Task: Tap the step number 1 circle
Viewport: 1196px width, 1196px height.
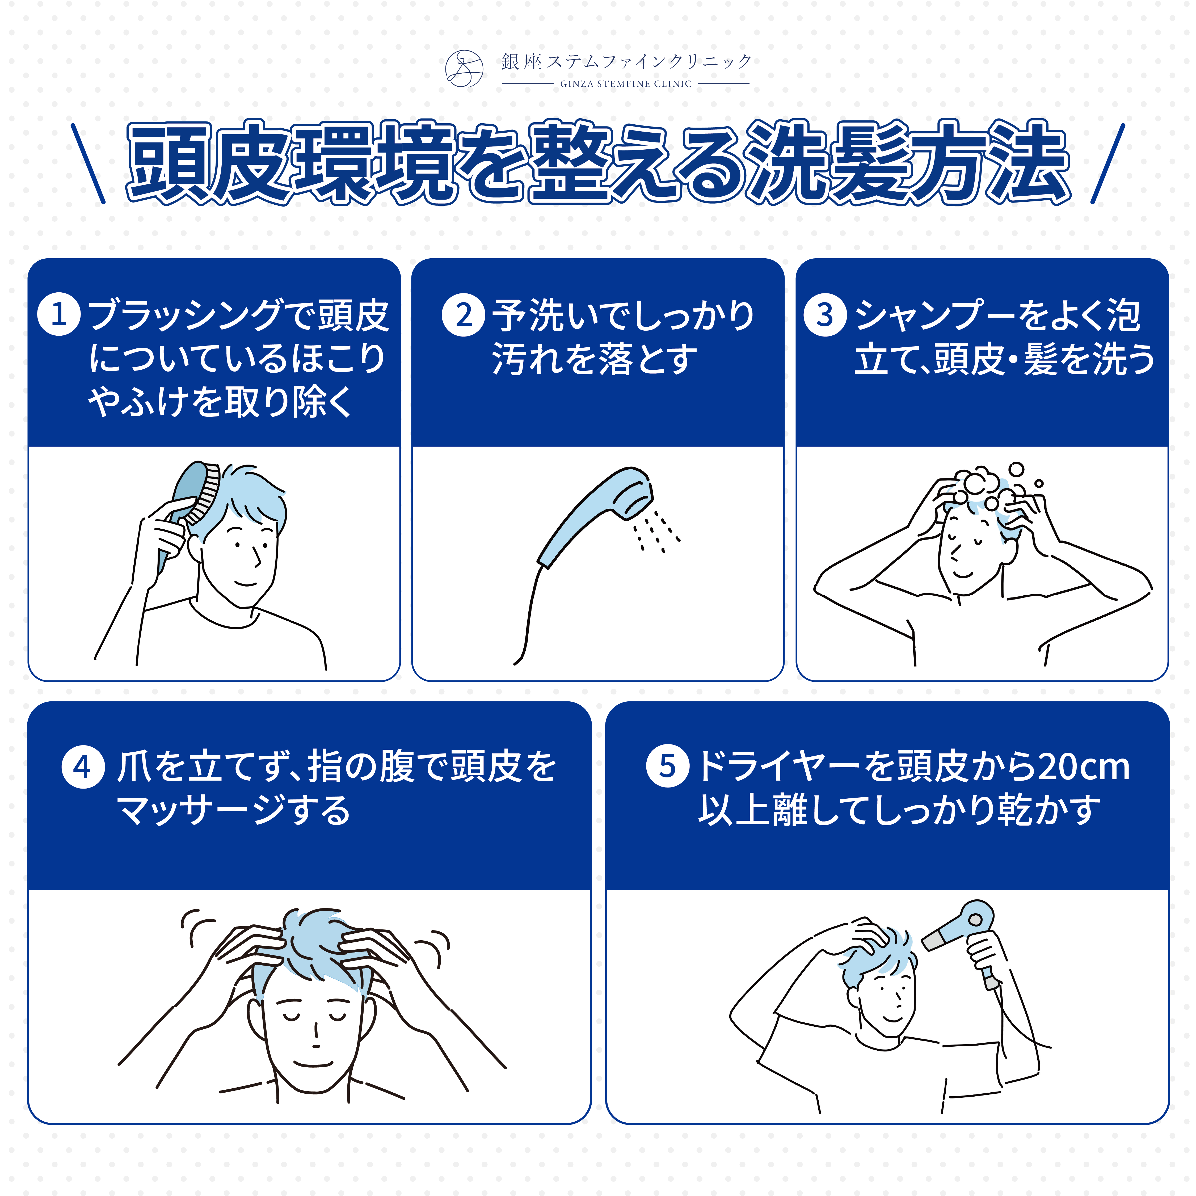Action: click(x=59, y=314)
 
